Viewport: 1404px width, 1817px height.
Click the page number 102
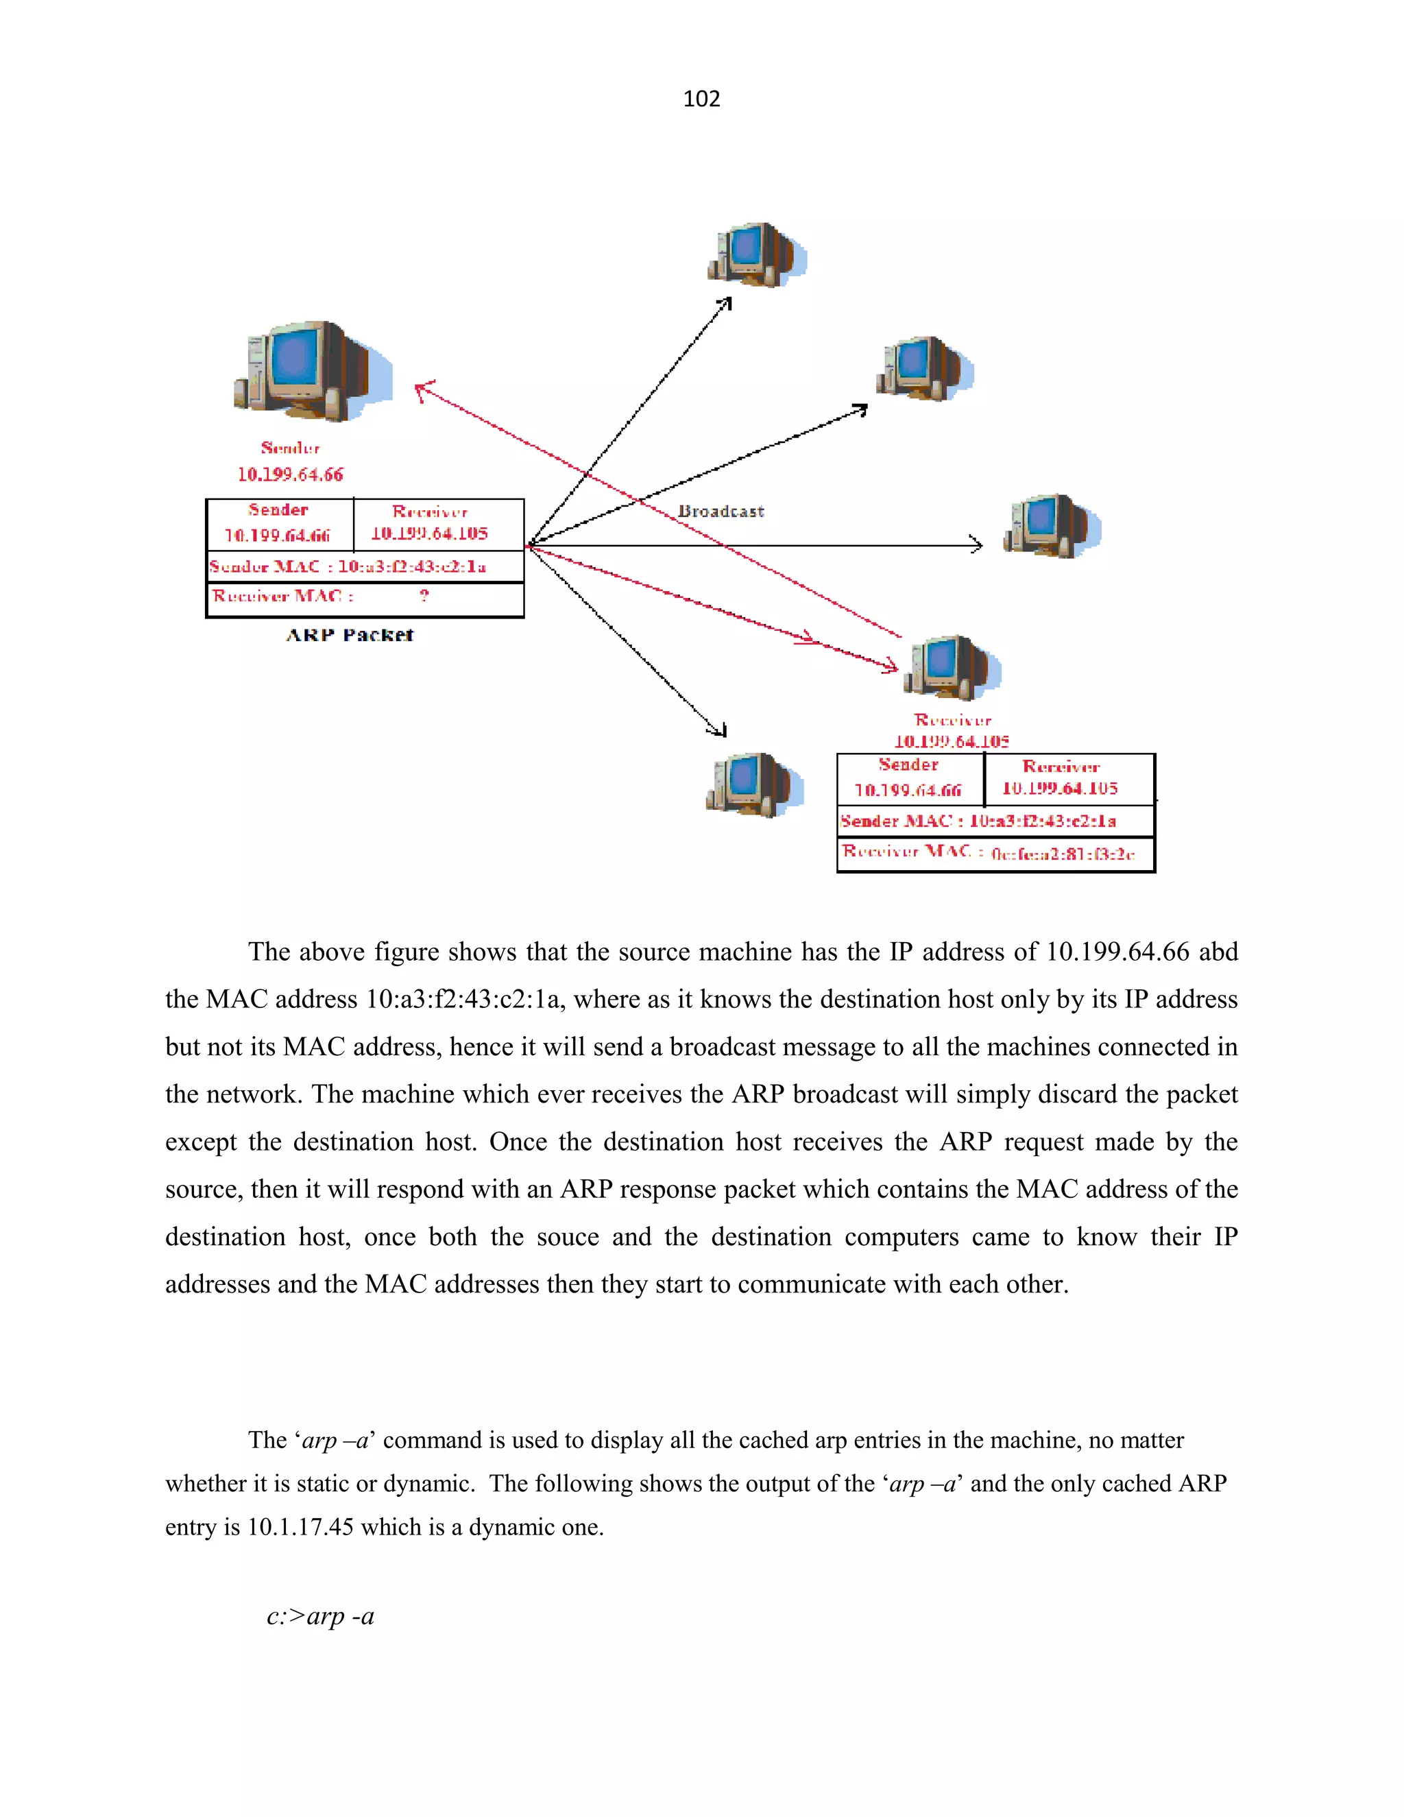pyautogui.click(x=701, y=99)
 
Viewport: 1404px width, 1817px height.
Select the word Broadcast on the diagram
pyautogui.click(x=721, y=512)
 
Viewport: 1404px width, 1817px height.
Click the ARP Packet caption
pyautogui.click(x=350, y=636)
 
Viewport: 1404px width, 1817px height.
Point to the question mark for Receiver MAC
pyautogui.click(x=424, y=596)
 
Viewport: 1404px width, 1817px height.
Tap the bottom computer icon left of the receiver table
pyautogui.click(x=752, y=784)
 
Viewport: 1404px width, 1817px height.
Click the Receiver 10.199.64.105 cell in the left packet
pyautogui.click(x=430, y=524)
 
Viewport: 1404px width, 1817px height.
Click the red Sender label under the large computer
pyautogui.click(x=290, y=448)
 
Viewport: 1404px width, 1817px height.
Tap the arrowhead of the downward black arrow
pyautogui.click(x=719, y=730)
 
